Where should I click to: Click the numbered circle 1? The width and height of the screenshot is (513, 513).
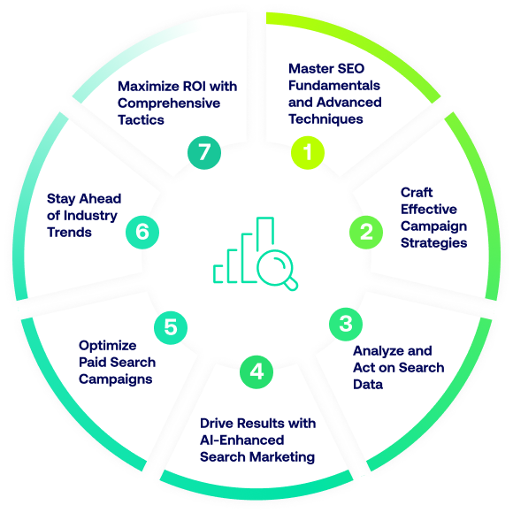[x=308, y=152]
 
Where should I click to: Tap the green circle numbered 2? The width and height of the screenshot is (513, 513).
[x=366, y=232]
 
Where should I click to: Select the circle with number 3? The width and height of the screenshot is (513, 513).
[x=346, y=324]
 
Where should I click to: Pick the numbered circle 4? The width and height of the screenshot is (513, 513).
[x=256, y=371]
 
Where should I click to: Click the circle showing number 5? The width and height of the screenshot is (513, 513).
[x=171, y=327]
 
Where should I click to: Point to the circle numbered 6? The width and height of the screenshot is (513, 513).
[x=142, y=232]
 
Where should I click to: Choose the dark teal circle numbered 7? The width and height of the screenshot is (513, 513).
[x=204, y=152]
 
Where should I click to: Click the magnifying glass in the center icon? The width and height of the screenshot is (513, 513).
[x=277, y=270]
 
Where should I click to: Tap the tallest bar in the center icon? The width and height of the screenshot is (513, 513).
[x=265, y=234]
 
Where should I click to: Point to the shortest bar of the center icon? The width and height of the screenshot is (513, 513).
[x=218, y=274]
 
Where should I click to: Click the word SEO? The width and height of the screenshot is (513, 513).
[x=351, y=69]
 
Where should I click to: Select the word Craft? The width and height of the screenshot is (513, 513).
[x=417, y=193]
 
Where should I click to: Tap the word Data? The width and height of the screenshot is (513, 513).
[x=368, y=385]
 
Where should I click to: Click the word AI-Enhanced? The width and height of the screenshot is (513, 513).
[x=241, y=440]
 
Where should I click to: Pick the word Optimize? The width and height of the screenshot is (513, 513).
[x=108, y=346]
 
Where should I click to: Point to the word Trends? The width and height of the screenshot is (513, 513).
[x=69, y=233]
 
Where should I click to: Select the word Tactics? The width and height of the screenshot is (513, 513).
[x=141, y=120]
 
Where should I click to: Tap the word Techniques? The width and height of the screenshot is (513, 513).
[x=325, y=119]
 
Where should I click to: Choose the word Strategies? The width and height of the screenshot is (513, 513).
[x=433, y=243]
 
